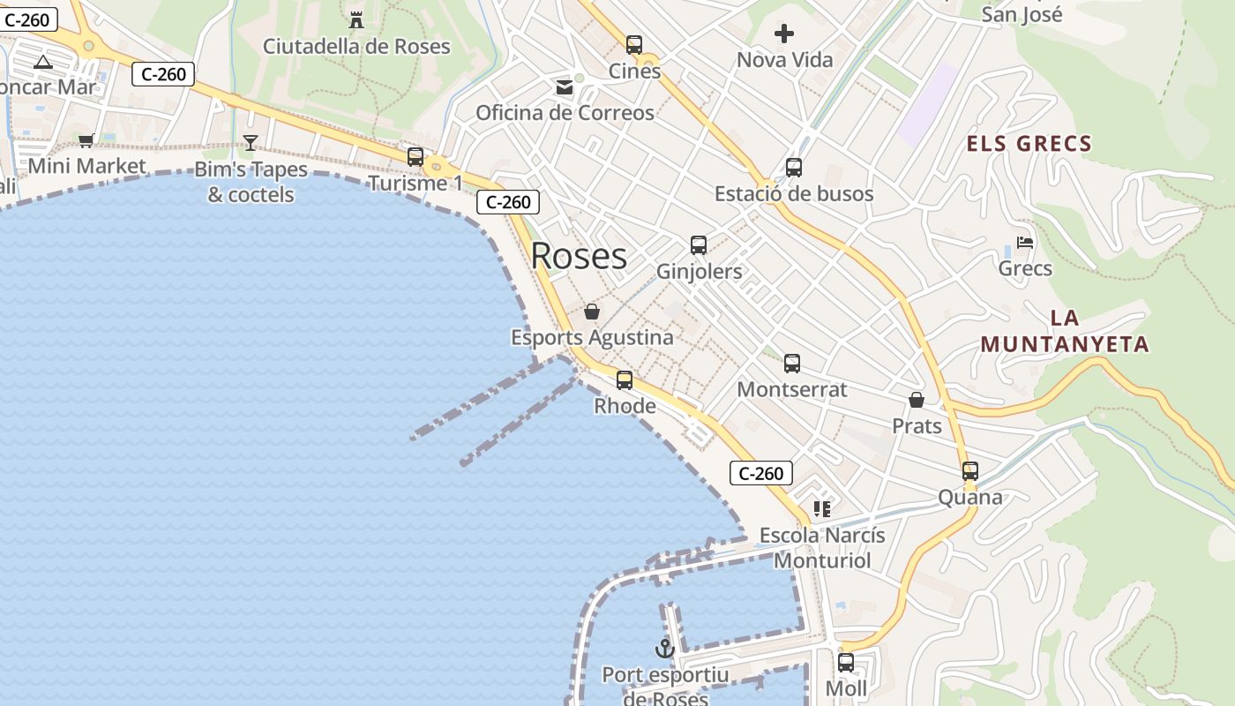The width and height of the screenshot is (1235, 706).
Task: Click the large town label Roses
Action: [x=579, y=256]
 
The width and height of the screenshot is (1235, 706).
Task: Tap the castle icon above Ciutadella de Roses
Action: [x=356, y=19]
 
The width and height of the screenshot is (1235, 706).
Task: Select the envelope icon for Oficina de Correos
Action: [x=564, y=86]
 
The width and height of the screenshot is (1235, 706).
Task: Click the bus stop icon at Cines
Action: [x=634, y=44]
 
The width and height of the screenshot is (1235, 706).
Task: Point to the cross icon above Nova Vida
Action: [x=784, y=34]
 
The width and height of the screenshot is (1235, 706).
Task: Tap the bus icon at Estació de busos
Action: [x=794, y=167]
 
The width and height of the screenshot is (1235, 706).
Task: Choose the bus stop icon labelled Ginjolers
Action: [x=699, y=244]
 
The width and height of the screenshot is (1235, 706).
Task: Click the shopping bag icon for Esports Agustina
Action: [x=592, y=312]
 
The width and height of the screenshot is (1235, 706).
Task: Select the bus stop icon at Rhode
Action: [x=625, y=380]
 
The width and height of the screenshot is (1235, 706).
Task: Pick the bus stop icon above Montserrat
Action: [x=792, y=363]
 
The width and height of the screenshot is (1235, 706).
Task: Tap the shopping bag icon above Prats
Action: [x=917, y=400]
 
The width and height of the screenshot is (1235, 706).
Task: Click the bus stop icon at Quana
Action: [x=970, y=471]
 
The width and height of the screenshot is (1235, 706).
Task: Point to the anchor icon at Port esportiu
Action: [x=665, y=650]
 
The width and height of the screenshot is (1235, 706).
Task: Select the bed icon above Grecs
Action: [x=1025, y=242]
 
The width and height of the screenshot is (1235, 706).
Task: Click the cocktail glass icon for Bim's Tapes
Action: [x=251, y=143]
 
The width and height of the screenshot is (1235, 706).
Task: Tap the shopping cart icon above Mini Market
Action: [x=86, y=140]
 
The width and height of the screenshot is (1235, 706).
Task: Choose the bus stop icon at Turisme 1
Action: [x=415, y=157]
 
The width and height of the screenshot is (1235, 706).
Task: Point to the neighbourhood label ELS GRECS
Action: [x=1029, y=144]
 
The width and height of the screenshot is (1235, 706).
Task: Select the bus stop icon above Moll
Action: [x=846, y=662]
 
